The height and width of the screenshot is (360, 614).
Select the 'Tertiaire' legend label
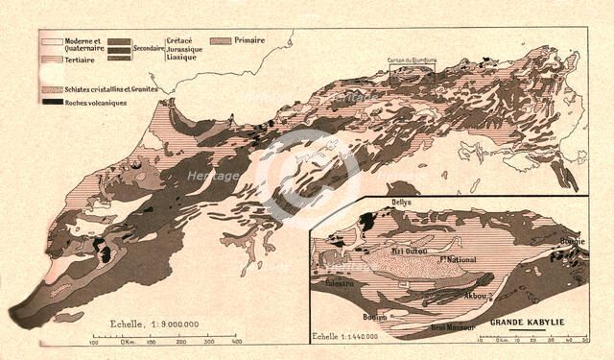pos(84,60)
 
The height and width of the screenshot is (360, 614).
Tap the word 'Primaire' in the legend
pos(248,41)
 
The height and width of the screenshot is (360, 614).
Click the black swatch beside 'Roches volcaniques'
pos(51,100)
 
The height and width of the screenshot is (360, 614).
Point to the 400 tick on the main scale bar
pos(236,341)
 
